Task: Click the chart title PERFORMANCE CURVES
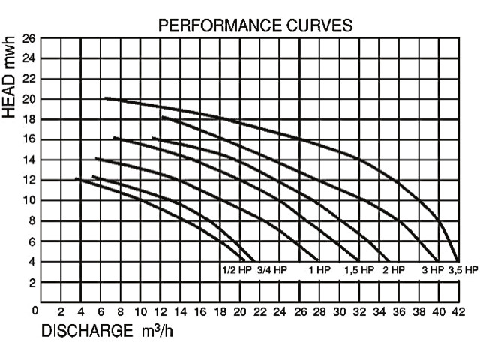255,26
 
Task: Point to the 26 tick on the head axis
28,38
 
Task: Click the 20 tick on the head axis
28,99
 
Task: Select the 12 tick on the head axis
28,180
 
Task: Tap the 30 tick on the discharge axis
339,312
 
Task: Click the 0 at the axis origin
35,308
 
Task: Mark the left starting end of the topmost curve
105,98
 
